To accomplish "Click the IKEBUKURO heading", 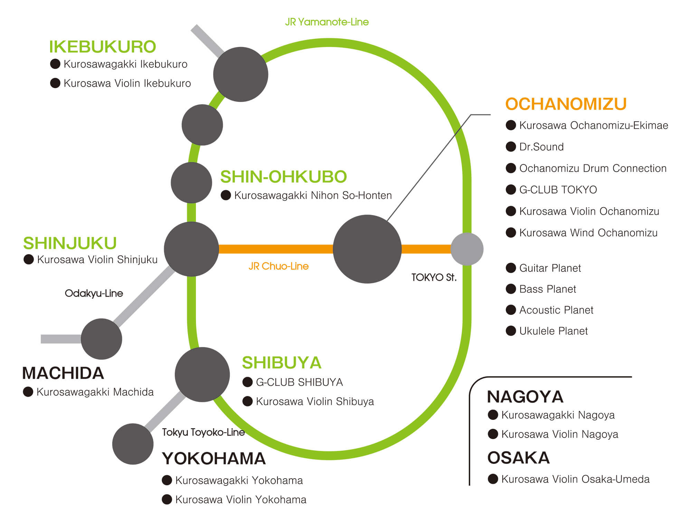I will tap(102, 47).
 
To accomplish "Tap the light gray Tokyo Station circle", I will tap(467, 249).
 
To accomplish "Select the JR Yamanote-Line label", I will tap(326, 22).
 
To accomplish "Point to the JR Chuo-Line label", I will tap(278, 266).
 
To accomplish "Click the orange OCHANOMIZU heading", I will tap(566, 104).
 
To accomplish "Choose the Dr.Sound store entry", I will tap(541, 147).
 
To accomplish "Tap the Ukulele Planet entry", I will tap(553, 331).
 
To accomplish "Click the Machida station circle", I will tap(101, 339).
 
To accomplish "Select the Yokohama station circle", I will tap(133, 444).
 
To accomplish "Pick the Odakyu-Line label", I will tap(94, 294).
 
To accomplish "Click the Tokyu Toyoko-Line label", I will tap(203, 432).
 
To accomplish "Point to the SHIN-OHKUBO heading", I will tap(283, 177).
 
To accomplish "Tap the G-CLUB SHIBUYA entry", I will tap(299, 382).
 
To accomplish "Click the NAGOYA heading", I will tap(525, 397).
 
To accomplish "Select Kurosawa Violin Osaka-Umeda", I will tap(575, 479).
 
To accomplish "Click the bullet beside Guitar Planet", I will tap(511, 268).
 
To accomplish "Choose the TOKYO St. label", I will tap(434, 277).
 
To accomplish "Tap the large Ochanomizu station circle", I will tap(367, 249).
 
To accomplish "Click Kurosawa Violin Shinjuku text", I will tap(97, 260).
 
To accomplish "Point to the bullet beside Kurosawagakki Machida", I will tap(28, 392).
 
